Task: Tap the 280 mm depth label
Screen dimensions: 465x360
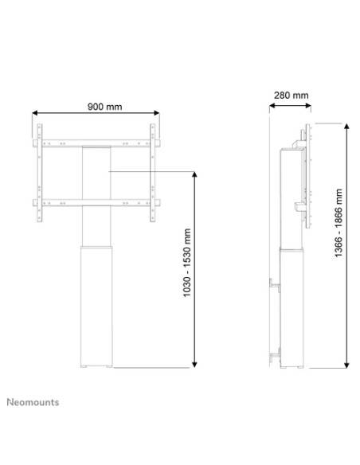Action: (290, 96)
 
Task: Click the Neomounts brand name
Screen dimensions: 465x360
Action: (33, 402)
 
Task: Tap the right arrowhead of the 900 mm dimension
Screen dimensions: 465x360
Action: (156, 115)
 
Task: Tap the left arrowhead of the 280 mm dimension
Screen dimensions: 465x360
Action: (272, 105)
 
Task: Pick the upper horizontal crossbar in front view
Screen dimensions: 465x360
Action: (96, 144)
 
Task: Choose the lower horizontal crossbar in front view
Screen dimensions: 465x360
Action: (96, 202)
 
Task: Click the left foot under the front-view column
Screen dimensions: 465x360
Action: (86, 367)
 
